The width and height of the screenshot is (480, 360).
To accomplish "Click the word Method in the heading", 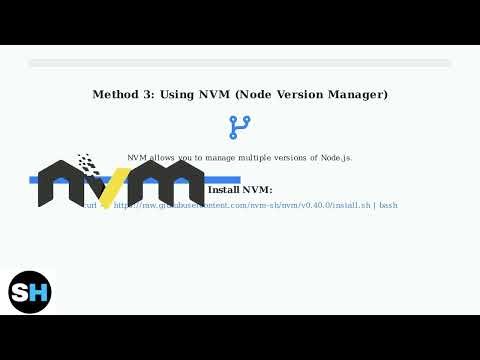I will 117,95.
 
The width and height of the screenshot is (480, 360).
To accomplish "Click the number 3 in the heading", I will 151,95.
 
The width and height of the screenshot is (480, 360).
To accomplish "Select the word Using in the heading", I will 181,95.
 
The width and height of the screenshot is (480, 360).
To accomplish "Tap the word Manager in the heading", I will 358,95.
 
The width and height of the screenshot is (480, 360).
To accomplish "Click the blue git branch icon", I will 240,127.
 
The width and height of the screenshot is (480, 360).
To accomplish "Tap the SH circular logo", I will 30,292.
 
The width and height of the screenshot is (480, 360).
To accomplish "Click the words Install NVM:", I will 240,189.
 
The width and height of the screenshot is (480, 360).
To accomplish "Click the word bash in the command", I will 388,205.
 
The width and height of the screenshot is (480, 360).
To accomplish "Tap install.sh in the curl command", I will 352,205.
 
